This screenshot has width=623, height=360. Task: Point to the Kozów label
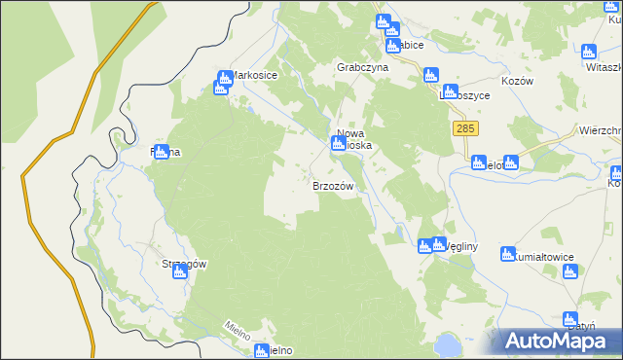[x=518, y=82]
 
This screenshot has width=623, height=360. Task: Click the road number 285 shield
[x=464, y=128]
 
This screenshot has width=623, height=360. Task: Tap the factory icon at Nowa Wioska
[x=337, y=144]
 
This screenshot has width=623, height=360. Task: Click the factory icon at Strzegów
[x=179, y=272]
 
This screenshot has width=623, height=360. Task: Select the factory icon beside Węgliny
[x=424, y=246]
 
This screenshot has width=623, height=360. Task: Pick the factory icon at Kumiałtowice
[x=506, y=255]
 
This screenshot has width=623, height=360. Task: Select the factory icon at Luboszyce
[x=430, y=74]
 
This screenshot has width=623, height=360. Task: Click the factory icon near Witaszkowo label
[x=588, y=52]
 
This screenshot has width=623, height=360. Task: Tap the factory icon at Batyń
[x=570, y=318]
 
